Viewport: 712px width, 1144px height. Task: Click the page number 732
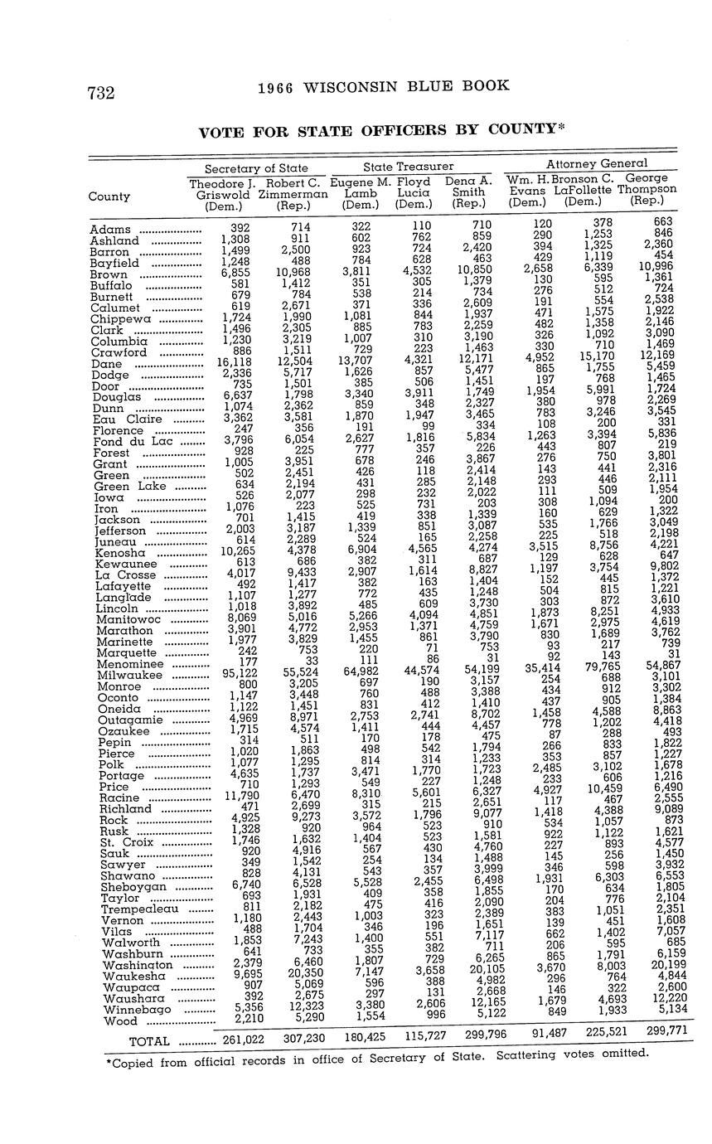click(100, 93)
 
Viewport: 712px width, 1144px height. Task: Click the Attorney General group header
click(597, 163)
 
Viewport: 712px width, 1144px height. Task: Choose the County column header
click(109, 196)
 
